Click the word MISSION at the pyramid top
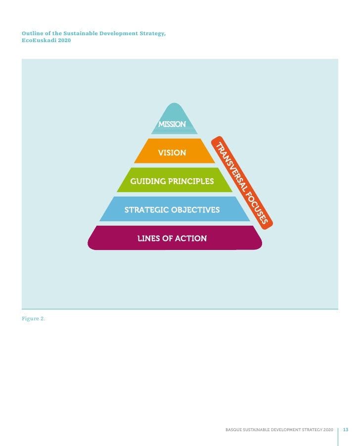172,124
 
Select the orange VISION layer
172,153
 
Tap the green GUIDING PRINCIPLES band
172,181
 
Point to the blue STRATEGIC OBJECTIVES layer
172,210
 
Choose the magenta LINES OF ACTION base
172,238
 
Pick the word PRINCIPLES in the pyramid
191,181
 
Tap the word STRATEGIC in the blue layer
146,210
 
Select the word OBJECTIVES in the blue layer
195,210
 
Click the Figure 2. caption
33,318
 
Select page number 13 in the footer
346,429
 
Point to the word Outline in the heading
32,33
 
